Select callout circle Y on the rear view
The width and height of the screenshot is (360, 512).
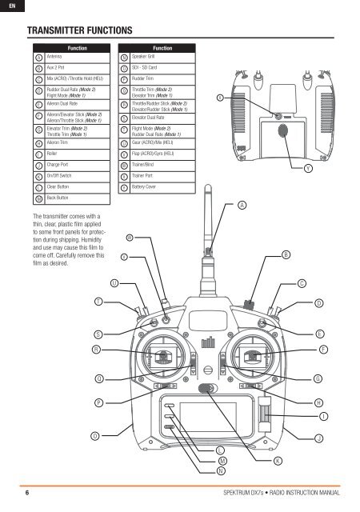[309, 168]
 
